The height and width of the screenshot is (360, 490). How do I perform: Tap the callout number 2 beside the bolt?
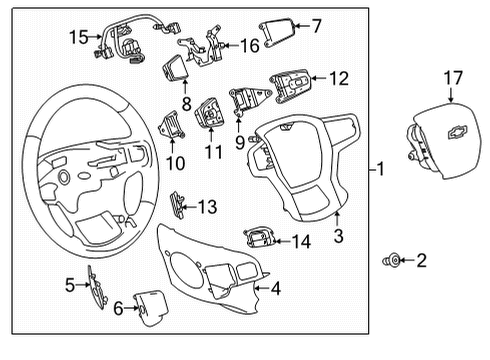pos(421,261)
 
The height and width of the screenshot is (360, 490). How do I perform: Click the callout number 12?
pos(340,77)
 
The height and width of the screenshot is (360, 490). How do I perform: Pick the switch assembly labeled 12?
pos(291,81)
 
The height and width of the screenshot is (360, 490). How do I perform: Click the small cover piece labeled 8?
pos(176,70)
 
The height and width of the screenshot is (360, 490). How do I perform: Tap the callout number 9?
pos(238,141)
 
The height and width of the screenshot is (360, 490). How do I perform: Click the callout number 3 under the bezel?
pos(338,236)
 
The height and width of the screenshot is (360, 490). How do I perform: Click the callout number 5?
pos(70,286)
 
